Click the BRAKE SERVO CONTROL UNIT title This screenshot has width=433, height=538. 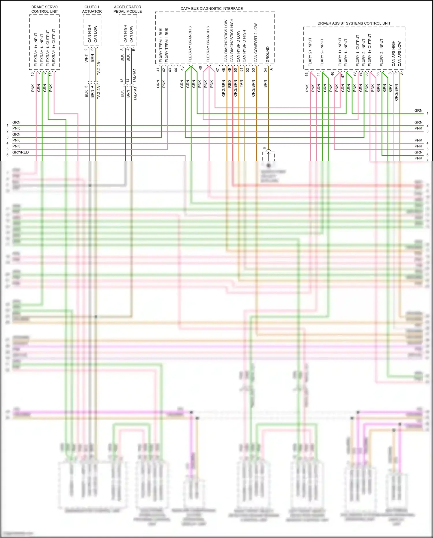pyautogui.click(x=44, y=9)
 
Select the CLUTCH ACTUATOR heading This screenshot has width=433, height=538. pyautogui.click(x=92, y=9)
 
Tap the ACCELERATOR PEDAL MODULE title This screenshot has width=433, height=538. pyautogui.click(x=127, y=9)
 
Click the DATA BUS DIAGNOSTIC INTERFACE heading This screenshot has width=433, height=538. pyautogui.click(x=212, y=9)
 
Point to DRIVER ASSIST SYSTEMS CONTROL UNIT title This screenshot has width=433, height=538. pyautogui.click(x=354, y=23)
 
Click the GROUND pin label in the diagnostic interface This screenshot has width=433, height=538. pyautogui.click(x=268, y=54)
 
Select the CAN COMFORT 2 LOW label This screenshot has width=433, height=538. pyautogui.click(x=256, y=42)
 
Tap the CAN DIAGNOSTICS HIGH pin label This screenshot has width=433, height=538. pyautogui.click(x=232, y=40)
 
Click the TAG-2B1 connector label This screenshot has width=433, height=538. pyautogui.click(x=99, y=68)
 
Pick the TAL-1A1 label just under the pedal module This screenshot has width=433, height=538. pyautogui.click(x=134, y=76)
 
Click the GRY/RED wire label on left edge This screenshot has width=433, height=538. pyautogui.click(x=20, y=152)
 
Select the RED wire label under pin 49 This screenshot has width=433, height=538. pyautogui.click(x=229, y=84)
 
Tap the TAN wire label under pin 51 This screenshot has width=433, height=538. pyautogui.click(x=241, y=84)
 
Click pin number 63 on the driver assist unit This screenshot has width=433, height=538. pyautogui.click(x=307, y=74)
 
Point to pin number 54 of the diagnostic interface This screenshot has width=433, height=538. pyautogui.click(x=265, y=70)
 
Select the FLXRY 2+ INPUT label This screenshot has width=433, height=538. pyautogui.click(x=310, y=52)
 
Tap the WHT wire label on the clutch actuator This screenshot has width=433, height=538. pyautogui.click(x=86, y=59)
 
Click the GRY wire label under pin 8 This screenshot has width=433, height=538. pyautogui.click(x=390, y=88)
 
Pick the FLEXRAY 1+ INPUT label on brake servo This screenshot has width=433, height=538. pyautogui.click(x=36, y=49)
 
